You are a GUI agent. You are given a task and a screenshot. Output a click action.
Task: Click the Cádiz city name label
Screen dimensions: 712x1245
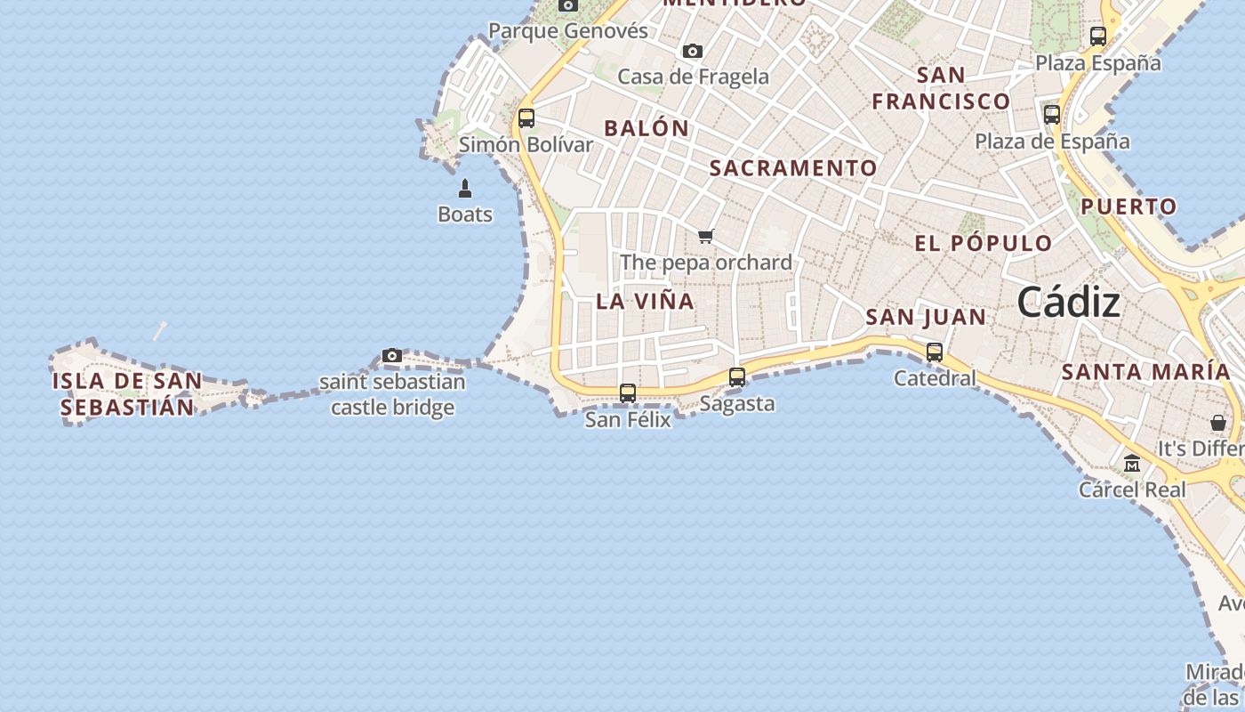pyautogui.click(x=1068, y=303)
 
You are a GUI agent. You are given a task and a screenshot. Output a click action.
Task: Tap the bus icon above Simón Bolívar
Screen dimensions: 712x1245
pyautogui.click(x=526, y=117)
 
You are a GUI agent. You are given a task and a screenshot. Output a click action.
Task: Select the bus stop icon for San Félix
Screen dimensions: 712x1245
pyautogui.click(x=628, y=392)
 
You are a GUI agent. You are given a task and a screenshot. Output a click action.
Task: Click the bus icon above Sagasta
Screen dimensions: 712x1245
pyautogui.click(x=737, y=376)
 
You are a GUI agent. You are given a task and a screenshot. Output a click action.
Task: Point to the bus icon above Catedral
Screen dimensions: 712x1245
pyautogui.click(x=935, y=352)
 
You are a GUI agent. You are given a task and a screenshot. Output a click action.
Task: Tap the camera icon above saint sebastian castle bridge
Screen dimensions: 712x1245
pyautogui.click(x=392, y=356)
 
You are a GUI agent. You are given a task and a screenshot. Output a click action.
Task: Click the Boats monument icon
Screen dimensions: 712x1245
pyautogui.click(x=465, y=189)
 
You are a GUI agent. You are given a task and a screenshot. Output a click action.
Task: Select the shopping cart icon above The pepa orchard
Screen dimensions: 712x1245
pyautogui.click(x=706, y=236)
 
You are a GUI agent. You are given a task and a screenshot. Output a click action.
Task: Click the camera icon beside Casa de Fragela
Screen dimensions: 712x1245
pyautogui.click(x=693, y=51)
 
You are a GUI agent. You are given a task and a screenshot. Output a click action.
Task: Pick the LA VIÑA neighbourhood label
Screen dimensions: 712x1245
pyautogui.click(x=645, y=301)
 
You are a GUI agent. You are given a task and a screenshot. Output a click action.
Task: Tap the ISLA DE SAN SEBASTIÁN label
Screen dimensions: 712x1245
pyautogui.click(x=127, y=394)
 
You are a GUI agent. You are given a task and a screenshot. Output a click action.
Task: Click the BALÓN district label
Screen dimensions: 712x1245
pyautogui.click(x=647, y=128)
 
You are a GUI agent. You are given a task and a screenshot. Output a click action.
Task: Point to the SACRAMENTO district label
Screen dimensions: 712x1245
pyautogui.click(x=793, y=167)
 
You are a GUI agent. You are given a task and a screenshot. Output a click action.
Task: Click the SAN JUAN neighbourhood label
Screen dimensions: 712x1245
pyautogui.click(x=926, y=317)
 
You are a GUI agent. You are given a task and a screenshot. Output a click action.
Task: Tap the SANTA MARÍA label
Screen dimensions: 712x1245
pyautogui.click(x=1145, y=372)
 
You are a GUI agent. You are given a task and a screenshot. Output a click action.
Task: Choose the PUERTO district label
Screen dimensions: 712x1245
pyautogui.click(x=1129, y=206)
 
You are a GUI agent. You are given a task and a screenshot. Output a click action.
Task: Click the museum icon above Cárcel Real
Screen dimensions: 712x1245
pyautogui.click(x=1132, y=464)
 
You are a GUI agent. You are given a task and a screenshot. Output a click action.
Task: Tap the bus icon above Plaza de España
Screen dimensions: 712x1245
pyautogui.click(x=1052, y=114)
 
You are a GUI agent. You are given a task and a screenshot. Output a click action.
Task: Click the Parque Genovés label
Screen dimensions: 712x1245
pyautogui.click(x=568, y=31)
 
